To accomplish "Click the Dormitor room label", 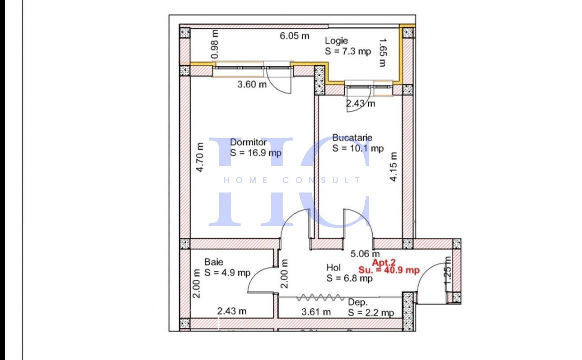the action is click(248, 142).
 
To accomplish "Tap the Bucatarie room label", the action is click(352, 138).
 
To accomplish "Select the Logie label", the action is click(336, 41).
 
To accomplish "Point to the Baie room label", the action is click(214, 262).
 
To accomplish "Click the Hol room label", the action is click(334, 267).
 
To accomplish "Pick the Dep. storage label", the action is click(358, 302).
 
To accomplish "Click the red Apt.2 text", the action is click(384, 262).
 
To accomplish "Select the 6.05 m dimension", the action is click(294, 36).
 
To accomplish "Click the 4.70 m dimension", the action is click(200, 157).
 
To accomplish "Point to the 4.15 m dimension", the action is click(394, 167).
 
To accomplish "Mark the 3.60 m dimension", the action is click(252, 84).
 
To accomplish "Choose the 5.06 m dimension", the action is click(365, 254).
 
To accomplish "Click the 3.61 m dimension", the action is click(316, 312).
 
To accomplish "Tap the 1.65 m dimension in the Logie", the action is click(383, 52).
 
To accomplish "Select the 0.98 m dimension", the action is click(214, 44).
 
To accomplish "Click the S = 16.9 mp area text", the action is click(256, 152).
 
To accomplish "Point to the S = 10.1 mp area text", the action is click(358, 148).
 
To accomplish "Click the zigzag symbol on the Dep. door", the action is click(320, 297).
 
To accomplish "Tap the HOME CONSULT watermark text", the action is click(292, 180).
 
